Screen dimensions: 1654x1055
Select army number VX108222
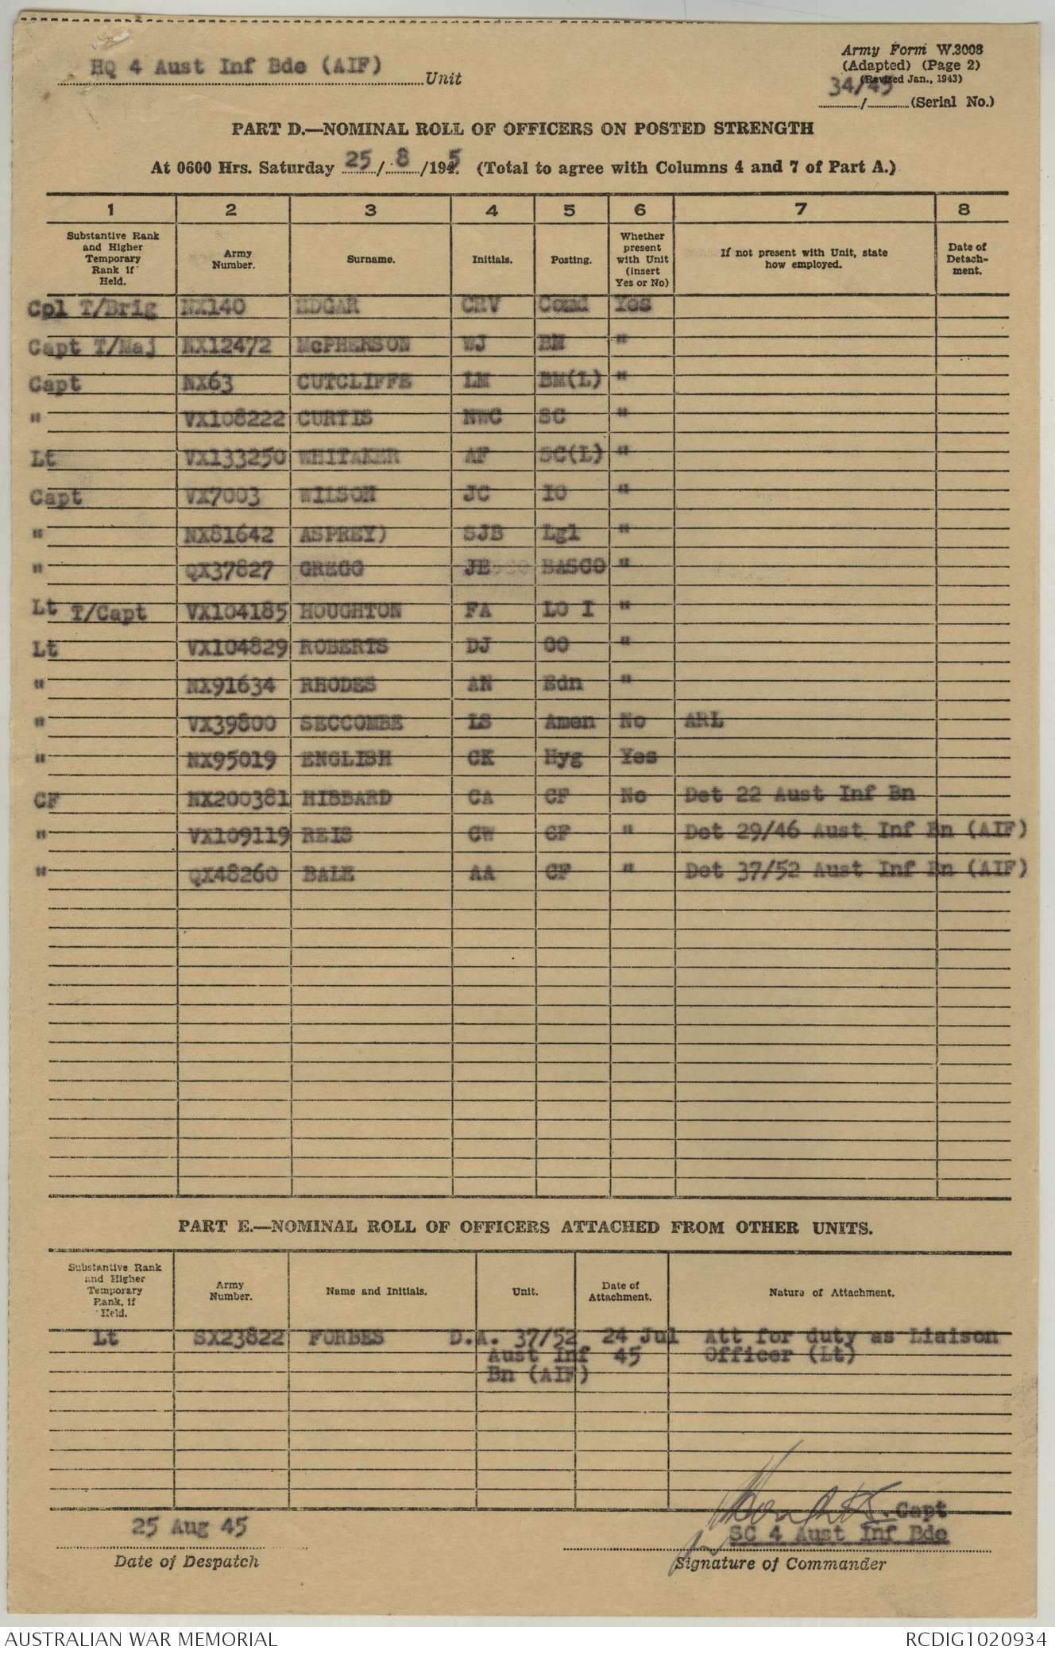click(229, 420)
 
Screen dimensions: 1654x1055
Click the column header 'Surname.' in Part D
click(371, 259)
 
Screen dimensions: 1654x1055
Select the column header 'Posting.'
click(572, 259)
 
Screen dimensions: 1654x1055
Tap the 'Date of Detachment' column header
click(967, 259)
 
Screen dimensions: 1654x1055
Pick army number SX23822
click(230, 1339)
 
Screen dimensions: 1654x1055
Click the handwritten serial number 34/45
click(856, 88)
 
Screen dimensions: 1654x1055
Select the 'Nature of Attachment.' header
click(832, 1292)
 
